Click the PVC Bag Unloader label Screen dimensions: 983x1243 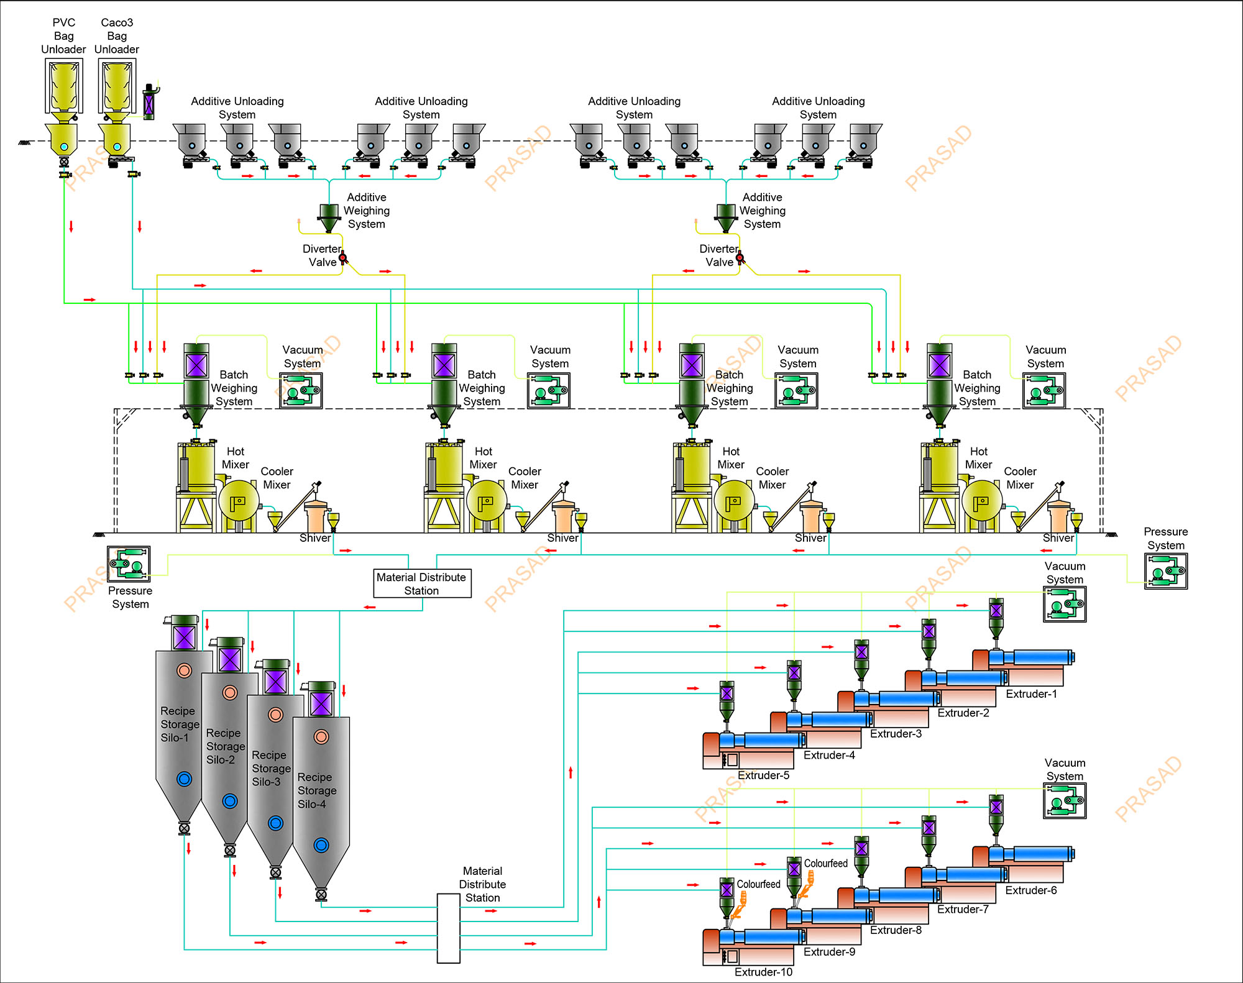[63, 36]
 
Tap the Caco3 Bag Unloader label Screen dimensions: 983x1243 [117, 36]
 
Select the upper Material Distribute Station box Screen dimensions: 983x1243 [422, 583]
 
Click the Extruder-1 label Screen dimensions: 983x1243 [1031, 694]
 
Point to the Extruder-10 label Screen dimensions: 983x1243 [763, 972]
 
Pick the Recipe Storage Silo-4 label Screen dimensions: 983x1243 [317, 790]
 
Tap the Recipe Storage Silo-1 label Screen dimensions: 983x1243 [179, 724]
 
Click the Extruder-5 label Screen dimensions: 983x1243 [763, 775]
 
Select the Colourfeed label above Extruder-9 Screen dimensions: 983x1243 [825, 864]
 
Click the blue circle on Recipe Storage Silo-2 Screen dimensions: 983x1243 [230, 801]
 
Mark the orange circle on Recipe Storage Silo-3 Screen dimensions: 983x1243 [276, 715]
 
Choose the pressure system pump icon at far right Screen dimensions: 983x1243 [1166, 570]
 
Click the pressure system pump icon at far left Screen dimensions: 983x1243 [129, 564]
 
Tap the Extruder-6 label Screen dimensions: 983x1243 [1030, 890]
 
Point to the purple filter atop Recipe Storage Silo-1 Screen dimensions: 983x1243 [185, 637]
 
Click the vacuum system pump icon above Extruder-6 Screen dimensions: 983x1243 [1065, 800]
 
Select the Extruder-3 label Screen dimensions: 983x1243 [896, 734]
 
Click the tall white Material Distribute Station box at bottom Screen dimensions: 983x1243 [448, 928]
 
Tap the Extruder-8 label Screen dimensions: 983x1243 [896, 930]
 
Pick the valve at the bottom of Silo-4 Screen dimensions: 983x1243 [321, 895]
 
